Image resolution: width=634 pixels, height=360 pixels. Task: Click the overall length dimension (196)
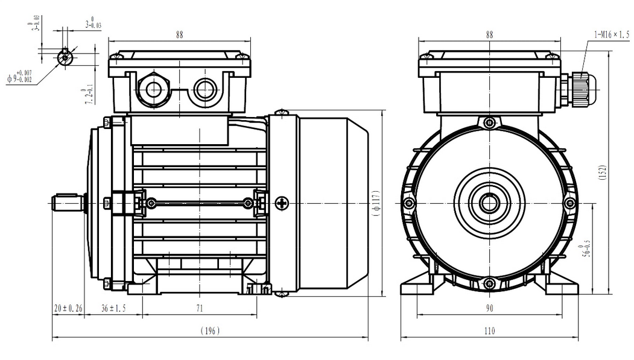(211, 331)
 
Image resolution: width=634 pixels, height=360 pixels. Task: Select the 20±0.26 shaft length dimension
(68, 308)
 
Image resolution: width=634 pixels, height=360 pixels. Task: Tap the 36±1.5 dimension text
(113, 308)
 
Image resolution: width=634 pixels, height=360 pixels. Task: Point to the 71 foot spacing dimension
(199, 308)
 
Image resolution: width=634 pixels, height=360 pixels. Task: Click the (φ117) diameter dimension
(375, 203)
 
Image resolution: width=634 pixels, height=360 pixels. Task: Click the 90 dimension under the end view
(489, 308)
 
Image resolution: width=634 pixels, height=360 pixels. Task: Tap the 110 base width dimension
(489, 331)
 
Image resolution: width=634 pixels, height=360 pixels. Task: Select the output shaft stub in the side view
(68, 203)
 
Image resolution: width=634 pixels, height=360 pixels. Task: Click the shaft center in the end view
(489, 203)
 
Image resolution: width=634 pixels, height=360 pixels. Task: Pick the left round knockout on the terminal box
(153, 90)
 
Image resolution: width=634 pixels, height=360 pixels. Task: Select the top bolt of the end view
(489, 123)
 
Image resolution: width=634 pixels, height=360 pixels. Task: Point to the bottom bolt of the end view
(489, 283)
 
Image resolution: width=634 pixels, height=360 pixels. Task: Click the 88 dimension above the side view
(180, 35)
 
